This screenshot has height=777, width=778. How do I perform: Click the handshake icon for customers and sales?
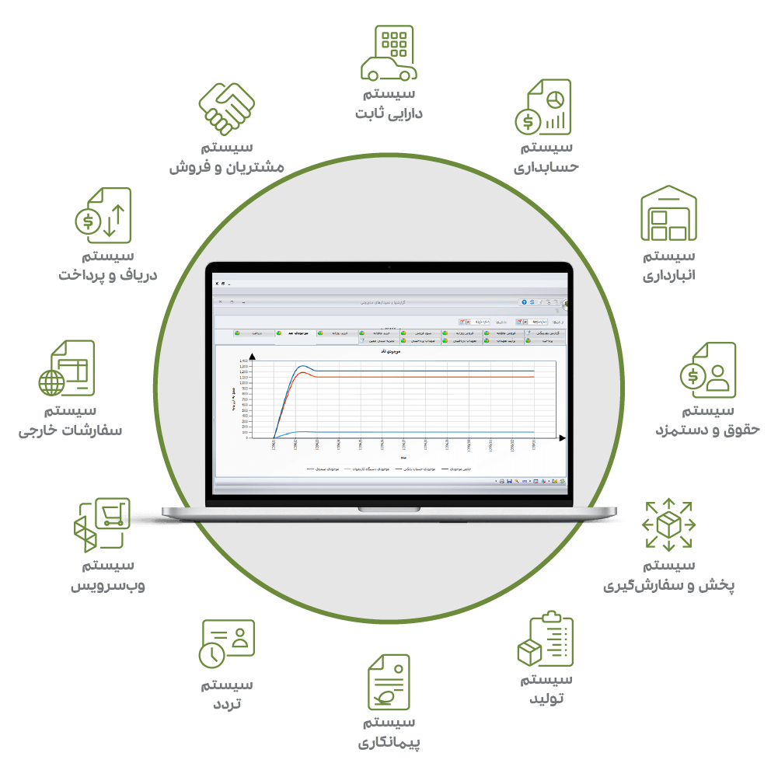226,108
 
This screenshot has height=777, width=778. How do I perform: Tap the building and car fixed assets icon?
388,53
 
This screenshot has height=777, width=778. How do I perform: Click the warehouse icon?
668,213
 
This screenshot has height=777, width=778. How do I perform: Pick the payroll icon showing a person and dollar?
707,370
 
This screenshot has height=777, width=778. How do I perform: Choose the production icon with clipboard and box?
545,641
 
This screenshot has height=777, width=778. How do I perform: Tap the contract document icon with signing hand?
388,681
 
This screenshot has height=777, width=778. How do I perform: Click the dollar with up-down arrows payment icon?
103,213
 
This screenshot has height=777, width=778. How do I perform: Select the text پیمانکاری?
389,743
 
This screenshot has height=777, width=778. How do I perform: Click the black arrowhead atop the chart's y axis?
252,356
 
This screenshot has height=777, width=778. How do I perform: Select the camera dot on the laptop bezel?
389,267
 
